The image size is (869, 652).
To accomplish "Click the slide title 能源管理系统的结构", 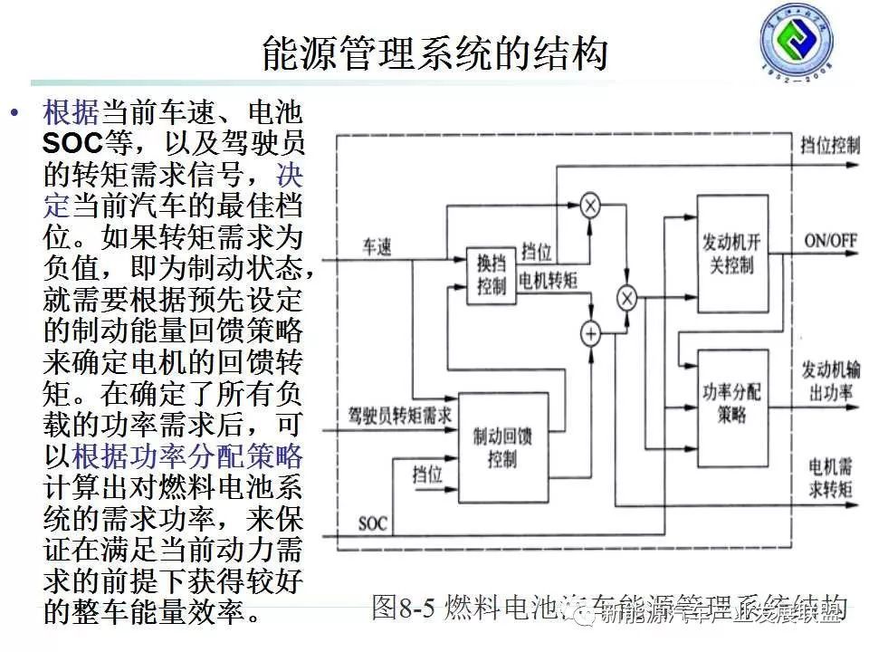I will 434,53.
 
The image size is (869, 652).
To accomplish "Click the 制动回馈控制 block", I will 503,447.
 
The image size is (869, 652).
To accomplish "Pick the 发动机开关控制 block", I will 733,254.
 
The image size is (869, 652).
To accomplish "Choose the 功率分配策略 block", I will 733,403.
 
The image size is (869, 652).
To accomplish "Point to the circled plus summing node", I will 590,334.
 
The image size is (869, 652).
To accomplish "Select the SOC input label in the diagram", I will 372,523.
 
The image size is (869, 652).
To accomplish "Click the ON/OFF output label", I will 830,242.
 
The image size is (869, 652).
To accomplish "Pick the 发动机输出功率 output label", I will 830,379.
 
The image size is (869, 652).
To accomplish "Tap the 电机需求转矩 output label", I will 830,479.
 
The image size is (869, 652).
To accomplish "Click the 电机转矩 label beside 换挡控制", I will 548,281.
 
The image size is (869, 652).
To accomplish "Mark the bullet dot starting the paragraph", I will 14,113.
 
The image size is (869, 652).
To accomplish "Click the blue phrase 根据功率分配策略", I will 187,455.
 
